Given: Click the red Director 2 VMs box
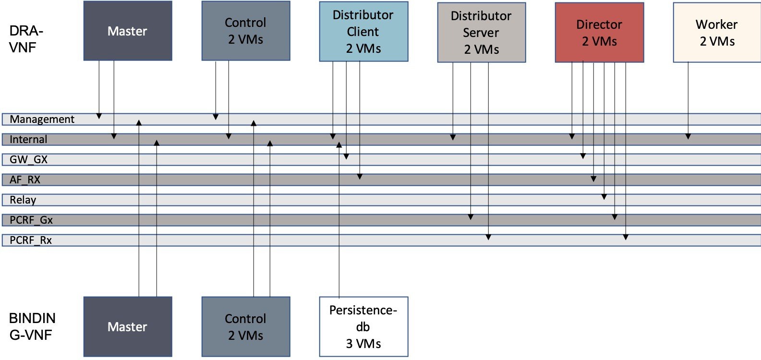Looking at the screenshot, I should click(x=599, y=33).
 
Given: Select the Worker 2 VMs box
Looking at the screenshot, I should click(x=716, y=33).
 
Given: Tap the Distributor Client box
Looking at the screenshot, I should click(x=363, y=32).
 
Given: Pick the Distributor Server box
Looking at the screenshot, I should click(x=481, y=33).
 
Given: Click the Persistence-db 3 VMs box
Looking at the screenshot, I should click(x=363, y=326).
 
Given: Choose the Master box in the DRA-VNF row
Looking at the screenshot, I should click(x=128, y=31).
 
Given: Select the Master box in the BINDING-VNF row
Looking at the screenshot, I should click(x=128, y=327).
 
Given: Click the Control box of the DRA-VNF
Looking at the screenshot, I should click(x=245, y=31).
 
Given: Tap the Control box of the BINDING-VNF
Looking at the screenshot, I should click(x=245, y=327).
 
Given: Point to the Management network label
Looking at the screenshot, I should click(x=42, y=120).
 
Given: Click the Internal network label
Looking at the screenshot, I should click(x=28, y=140).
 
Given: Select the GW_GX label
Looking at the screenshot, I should click(x=28, y=160).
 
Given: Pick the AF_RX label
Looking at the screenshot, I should click(x=25, y=180).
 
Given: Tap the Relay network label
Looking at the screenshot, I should click(x=23, y=200).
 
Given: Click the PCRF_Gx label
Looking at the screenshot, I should click(x=31, y=220).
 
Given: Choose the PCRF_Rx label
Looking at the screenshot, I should click(x=31, y=240).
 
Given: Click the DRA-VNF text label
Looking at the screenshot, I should click(x=26, y=39).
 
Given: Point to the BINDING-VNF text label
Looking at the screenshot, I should click(x=32, y=326).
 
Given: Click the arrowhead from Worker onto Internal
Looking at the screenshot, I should click(x=688, y=137).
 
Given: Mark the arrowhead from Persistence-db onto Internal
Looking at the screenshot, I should click(x=339, y=144).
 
